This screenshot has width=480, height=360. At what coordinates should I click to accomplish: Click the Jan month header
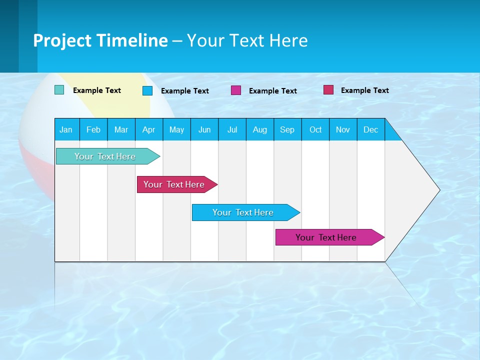point(66,129)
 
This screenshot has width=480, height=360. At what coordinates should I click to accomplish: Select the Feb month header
point(93,129)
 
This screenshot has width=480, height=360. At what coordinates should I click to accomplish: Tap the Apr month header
point(148,129)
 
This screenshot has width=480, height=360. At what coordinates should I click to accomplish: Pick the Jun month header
point(204,129)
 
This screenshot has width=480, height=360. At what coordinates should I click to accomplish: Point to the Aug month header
point(259,129)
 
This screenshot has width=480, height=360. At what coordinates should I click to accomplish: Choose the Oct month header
point(315,129)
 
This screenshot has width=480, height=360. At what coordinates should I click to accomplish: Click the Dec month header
point(370,129)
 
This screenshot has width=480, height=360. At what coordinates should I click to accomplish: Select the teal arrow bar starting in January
point(105,156)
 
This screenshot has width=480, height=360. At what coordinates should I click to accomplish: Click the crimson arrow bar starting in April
point(174,184)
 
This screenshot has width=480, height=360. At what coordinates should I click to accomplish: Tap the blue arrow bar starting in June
point(243,212)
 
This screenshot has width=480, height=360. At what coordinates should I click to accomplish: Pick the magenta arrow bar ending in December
point(326,237)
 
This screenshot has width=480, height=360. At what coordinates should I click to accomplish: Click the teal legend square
point(59,90)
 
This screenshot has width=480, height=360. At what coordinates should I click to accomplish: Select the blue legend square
point(147,90)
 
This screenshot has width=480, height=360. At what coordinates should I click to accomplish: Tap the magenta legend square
point(236,90)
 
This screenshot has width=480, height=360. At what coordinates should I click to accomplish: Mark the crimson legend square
point(328,90)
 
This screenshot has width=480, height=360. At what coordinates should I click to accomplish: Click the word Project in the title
point(61,41)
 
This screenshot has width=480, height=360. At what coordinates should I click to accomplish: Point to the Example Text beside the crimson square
point(364,90)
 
